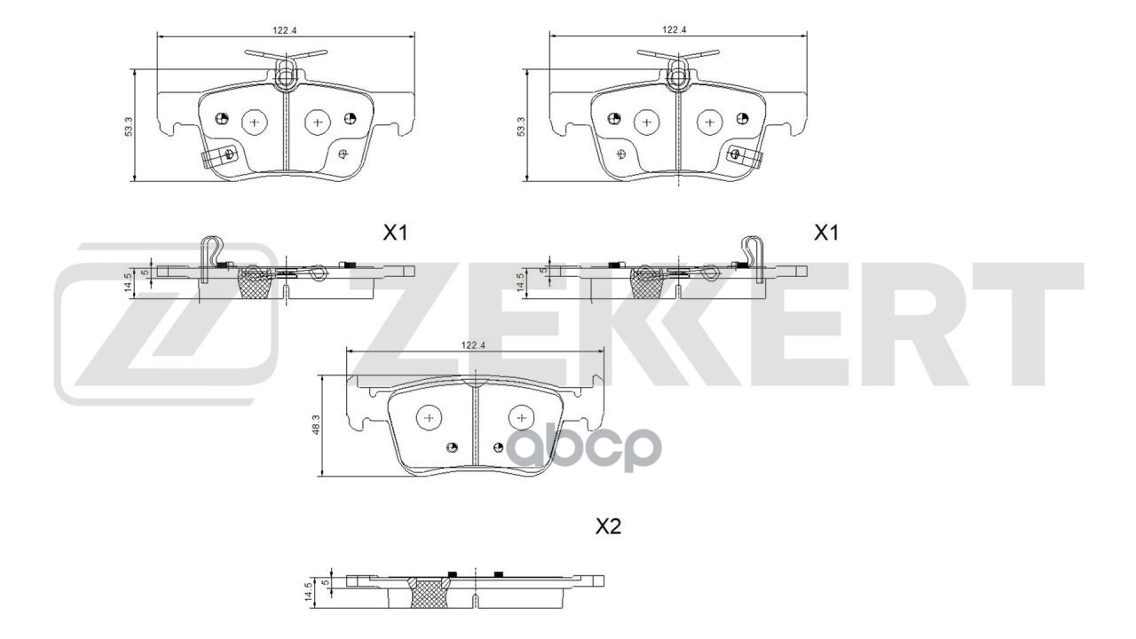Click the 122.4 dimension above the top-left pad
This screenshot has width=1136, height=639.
pos(284,30)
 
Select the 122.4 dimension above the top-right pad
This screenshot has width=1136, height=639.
pos(674,30)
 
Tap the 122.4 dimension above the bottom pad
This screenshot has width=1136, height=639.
pos(472,346)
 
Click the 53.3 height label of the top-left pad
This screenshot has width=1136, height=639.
pos(130,126)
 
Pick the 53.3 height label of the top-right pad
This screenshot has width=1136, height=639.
pos(521,126)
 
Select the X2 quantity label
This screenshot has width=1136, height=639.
pos(608,526)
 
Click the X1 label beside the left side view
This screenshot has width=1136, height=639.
pos(394,233)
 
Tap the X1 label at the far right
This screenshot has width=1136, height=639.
pos(826,233)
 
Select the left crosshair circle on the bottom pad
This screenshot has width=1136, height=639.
pos(430,417)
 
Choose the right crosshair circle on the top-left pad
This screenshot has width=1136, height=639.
pos(317,121)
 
